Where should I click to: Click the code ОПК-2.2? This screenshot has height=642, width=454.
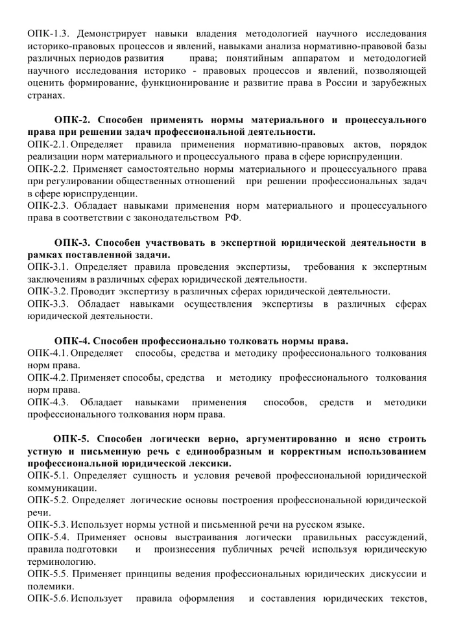pos(49,169)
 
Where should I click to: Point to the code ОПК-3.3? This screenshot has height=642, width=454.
pos(49,304)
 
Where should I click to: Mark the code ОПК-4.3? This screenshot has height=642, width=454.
pos(49,403)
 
